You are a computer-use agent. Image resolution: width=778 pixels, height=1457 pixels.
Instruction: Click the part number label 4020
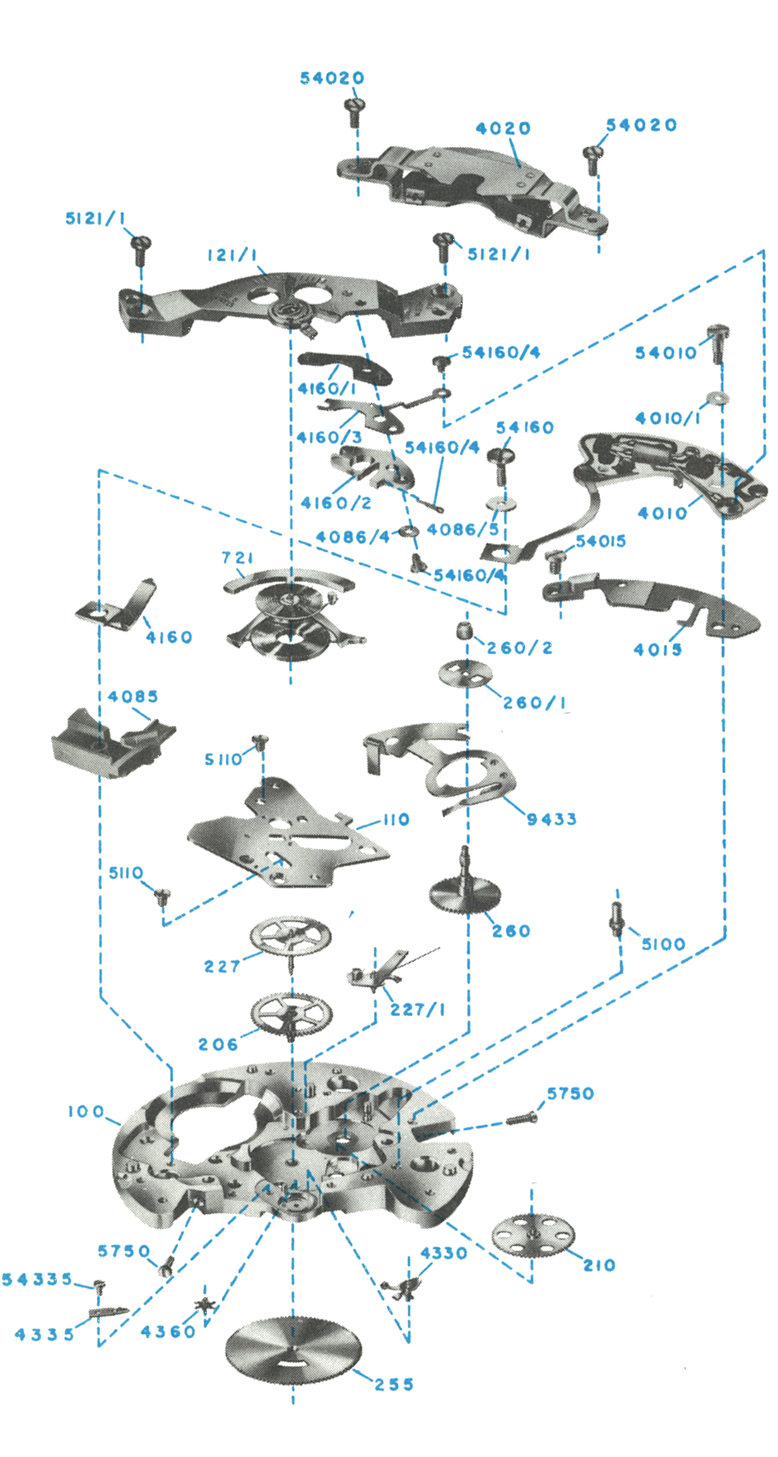click(503, 128)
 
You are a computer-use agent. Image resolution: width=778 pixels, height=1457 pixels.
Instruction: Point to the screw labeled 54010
click(717, 343)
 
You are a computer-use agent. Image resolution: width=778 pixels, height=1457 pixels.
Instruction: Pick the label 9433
click(552, 819)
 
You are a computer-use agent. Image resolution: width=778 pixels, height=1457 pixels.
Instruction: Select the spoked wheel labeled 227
click(290, 937)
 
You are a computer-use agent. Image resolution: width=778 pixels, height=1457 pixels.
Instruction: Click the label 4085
click(133, 697)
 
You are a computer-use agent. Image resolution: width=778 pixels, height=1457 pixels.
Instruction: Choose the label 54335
click(37, 1279)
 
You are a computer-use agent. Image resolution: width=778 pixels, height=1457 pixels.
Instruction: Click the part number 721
click(237, 558)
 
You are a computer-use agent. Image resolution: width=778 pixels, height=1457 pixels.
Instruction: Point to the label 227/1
click(417, 1009)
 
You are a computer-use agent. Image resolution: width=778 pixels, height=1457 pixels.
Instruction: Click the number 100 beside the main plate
click(86, 1111)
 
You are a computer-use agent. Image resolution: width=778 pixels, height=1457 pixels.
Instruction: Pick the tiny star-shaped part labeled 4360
click(206, 1305)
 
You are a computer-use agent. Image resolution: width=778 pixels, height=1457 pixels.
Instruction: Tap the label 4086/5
click(463, 530)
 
